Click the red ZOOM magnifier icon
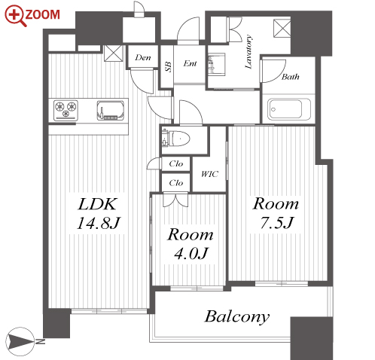click(16, 16)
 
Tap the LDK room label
click(97, 204)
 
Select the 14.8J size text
click(99, 223)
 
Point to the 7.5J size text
click(276, 222)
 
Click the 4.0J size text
click(191, 253)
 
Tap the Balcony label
click(237, 317)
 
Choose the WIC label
click(209, 174)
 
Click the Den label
click(143, 57)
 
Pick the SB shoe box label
click(169, 67)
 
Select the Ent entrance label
click(190, 63)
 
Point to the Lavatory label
click(248, 52)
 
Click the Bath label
click(291, 77)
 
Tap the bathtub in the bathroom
click(288, 109)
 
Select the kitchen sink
click(111, 111)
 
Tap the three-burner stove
click(66, 110)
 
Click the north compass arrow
click(22, 341)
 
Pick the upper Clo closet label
click(176, 163)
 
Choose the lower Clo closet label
click(176, 183)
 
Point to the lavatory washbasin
click(216, 64)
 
